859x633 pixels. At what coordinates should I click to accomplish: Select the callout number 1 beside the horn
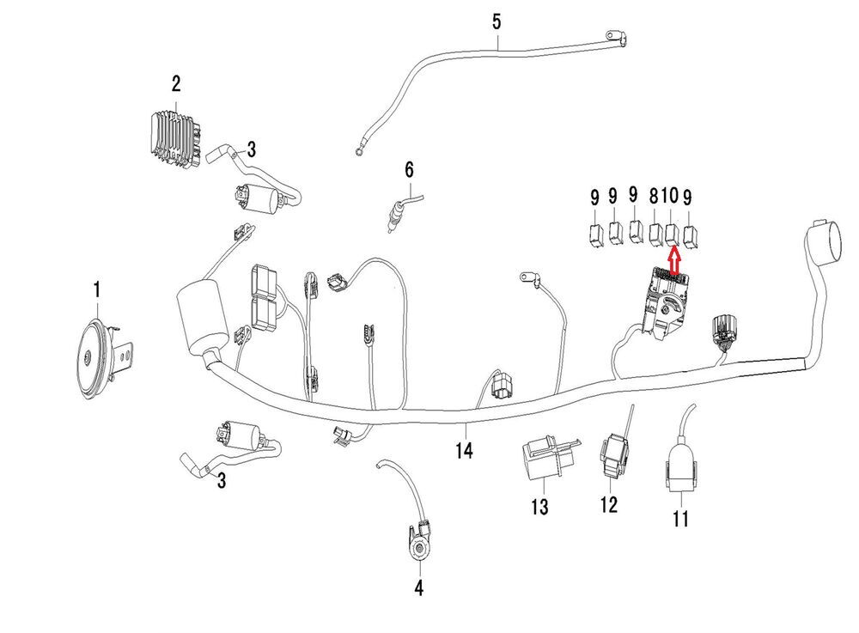coord(97,290)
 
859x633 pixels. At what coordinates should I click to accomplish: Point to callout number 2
coord(176,84)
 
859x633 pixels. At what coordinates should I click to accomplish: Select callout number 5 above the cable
coord(497,21)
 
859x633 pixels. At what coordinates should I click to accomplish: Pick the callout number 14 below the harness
coord(465,449)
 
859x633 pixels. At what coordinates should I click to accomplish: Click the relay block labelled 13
coord(539,464)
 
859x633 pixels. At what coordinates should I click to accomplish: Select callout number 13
coord(539,508)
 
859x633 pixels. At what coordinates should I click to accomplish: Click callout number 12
coord(608,504)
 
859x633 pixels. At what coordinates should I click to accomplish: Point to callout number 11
coord(680,519)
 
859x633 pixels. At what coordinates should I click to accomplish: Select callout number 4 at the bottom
coord(419,588)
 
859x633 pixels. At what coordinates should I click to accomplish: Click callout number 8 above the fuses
coord(655,196)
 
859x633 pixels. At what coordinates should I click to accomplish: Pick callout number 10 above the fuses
coord(670,196)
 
